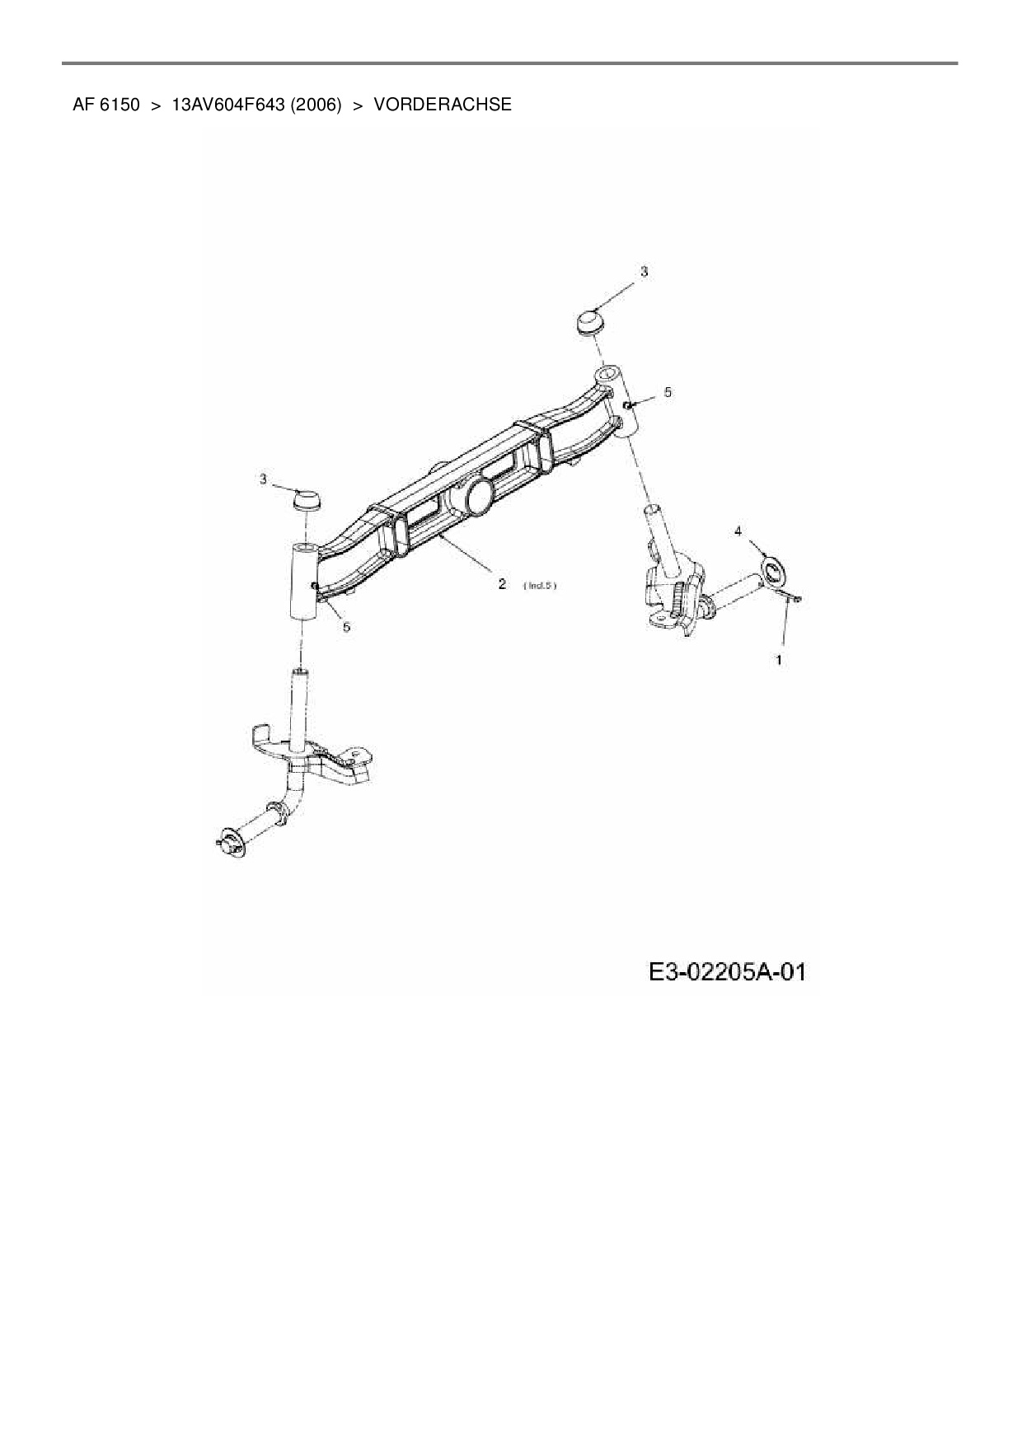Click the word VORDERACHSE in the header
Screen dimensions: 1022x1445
click(x=443, y=105)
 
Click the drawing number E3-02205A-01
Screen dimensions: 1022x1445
click(x=726, y=972)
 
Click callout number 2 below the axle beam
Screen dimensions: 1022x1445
click(x=501, y=583)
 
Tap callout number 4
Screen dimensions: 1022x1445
click(x=738, y=531)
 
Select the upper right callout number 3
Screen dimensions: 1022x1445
click(x=645, y=271)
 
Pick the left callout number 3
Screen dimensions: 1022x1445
click(x=264, y=479)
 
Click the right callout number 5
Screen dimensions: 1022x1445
click(x=668, y=392)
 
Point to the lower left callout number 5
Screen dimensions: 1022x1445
click(x=346, y=627)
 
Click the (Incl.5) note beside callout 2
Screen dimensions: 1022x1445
click(x=540, y=586)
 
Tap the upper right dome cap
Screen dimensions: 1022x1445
click(x=590, y=320)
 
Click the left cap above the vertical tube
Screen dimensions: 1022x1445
click(x=307, y=499)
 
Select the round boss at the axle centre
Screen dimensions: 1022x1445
click(x=478, y=496)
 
